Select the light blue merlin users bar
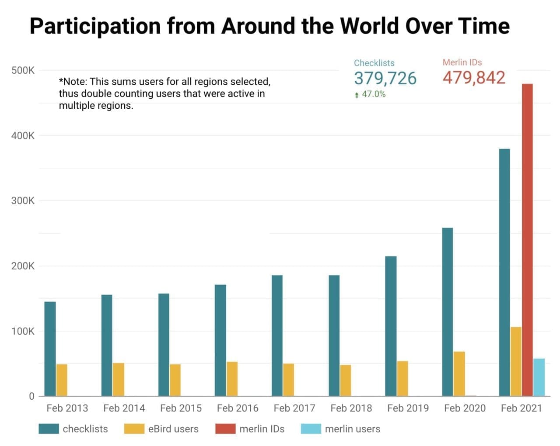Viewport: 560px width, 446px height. pos(539,377)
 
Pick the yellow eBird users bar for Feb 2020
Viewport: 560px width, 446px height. pos(459,373)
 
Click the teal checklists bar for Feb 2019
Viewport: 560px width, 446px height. pos(391,326)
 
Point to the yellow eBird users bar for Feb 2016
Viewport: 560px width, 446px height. pos(232,379)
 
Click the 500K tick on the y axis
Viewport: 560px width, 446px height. pos(23,70)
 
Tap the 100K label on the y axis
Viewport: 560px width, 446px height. pos(23,331)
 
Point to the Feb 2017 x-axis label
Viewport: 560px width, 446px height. pos(294,408)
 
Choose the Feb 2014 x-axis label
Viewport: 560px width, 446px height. pos(124,408)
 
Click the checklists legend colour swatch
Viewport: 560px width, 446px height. pos(49,429)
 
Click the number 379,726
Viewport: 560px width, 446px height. pos(385,78)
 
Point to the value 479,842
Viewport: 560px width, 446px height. pos(474,78)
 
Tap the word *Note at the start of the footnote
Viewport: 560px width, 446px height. pos(72,82)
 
